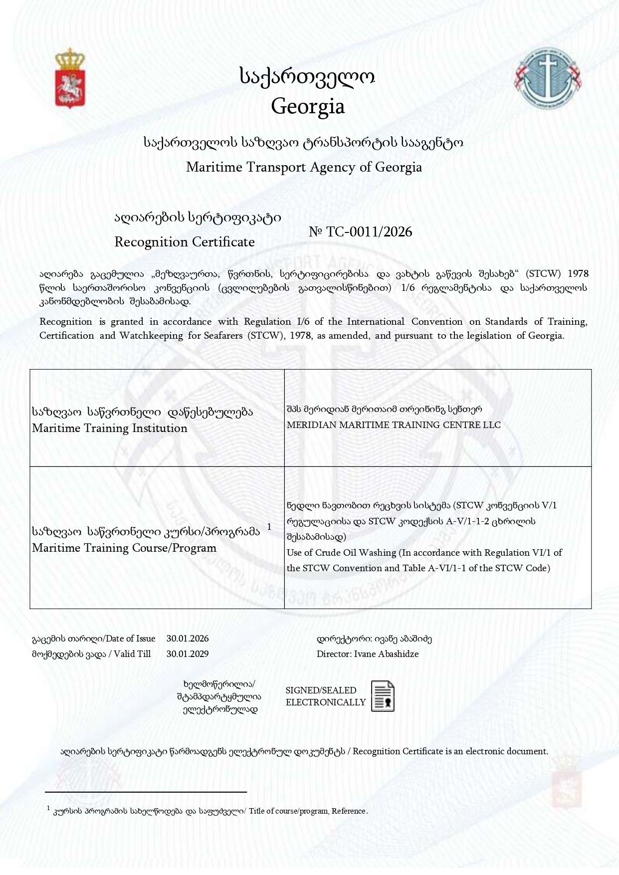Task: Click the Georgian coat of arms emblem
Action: [69, 78]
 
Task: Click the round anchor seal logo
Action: [549, 78]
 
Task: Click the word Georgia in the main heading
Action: [308, 106]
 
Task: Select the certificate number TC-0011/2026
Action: [369, 232]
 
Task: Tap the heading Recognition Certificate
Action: [185, 242]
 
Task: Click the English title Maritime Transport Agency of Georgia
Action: [304, 167]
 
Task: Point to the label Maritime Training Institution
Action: [110, 429]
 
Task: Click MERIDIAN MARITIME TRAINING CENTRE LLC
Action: [394, 425]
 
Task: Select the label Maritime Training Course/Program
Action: [124, 548]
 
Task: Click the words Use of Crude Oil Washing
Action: [342, 553]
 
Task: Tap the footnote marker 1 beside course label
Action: [269, 527]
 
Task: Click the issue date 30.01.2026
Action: [188, 639]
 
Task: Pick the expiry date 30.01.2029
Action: [188, 654]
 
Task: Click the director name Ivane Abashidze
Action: [386, 654]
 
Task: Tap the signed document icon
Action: [383, 696]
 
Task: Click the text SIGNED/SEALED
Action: [321, 690]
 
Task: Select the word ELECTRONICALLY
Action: [326, 702]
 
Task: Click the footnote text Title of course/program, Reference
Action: [308, 811]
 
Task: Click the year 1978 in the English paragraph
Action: [299, 336]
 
